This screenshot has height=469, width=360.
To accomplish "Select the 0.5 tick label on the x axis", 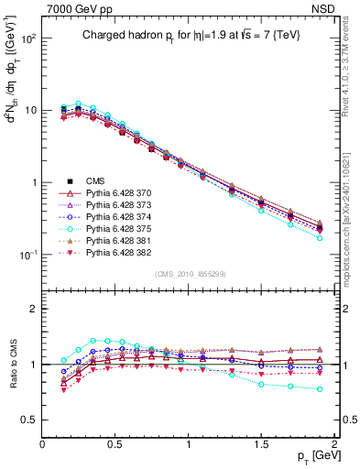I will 115,443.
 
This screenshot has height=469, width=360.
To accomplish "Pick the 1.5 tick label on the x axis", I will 262,443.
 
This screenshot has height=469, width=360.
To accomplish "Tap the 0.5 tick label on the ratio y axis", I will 29,420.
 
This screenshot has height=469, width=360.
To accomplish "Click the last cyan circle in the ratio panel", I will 320,388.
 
